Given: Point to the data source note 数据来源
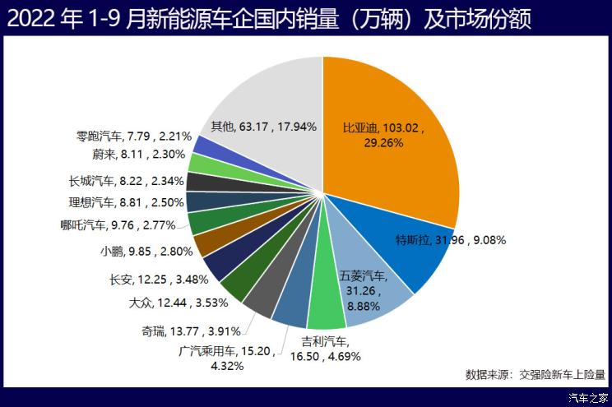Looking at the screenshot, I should coord(535,375).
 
